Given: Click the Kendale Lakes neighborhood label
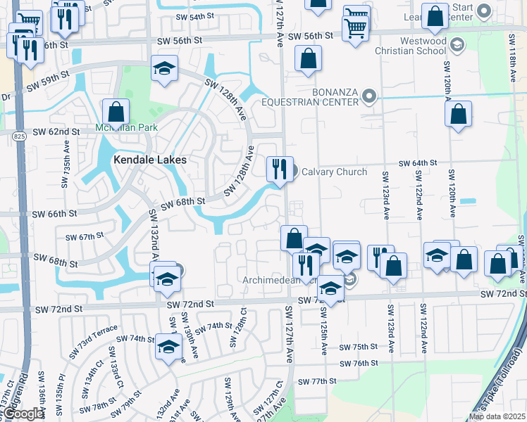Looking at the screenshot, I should (150, 160).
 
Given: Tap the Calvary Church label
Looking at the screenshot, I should (334, 172).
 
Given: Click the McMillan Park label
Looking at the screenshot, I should (127, 128).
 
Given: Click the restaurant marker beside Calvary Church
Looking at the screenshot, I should (280, 169).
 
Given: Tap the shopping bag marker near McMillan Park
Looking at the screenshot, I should (116, 113).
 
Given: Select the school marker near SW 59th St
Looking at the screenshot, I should (165, 69).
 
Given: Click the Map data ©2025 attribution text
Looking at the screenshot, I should (497, 416).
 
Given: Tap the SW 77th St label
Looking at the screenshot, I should (314, 381).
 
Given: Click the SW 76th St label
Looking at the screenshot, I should (359, 363).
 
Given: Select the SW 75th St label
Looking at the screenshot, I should (359, 347).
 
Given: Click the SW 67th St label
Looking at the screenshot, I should (85, 237).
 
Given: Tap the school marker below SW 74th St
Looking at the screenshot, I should (168, 348).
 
